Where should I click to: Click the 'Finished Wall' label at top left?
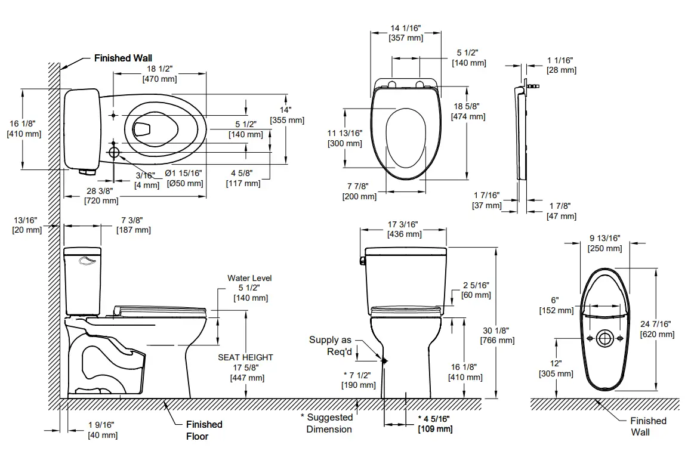click(x=123, y=58)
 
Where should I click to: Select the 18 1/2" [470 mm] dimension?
click(x=159, y=74)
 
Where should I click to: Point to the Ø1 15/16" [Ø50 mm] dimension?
click(x=184, y=178)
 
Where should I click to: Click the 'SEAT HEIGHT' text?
click(x=245, y=357)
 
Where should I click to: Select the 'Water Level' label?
click(x=249, y=279)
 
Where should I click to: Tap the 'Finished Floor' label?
click(x=203, y=430)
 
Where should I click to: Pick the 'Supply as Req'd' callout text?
click(x=330, y=345)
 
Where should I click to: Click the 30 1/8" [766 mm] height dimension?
click(x=496, y=335)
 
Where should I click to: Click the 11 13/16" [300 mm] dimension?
click(x=344, y=138)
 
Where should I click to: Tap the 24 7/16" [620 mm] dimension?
click(x=656, y=329)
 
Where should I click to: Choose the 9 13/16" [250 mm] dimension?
click(x=604, y=243)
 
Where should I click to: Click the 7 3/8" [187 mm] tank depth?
click(x=134, y=225)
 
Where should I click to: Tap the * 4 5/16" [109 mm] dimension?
click(x=434, y=424)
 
